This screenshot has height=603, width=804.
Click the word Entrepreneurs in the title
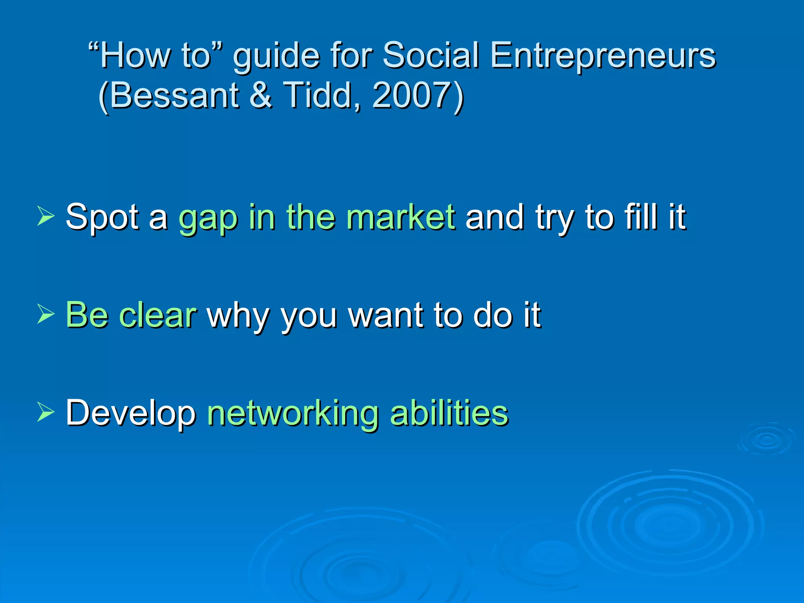click(603, 56)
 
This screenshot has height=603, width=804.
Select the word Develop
click(131, 414)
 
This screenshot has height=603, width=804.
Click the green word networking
click(292, 414)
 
